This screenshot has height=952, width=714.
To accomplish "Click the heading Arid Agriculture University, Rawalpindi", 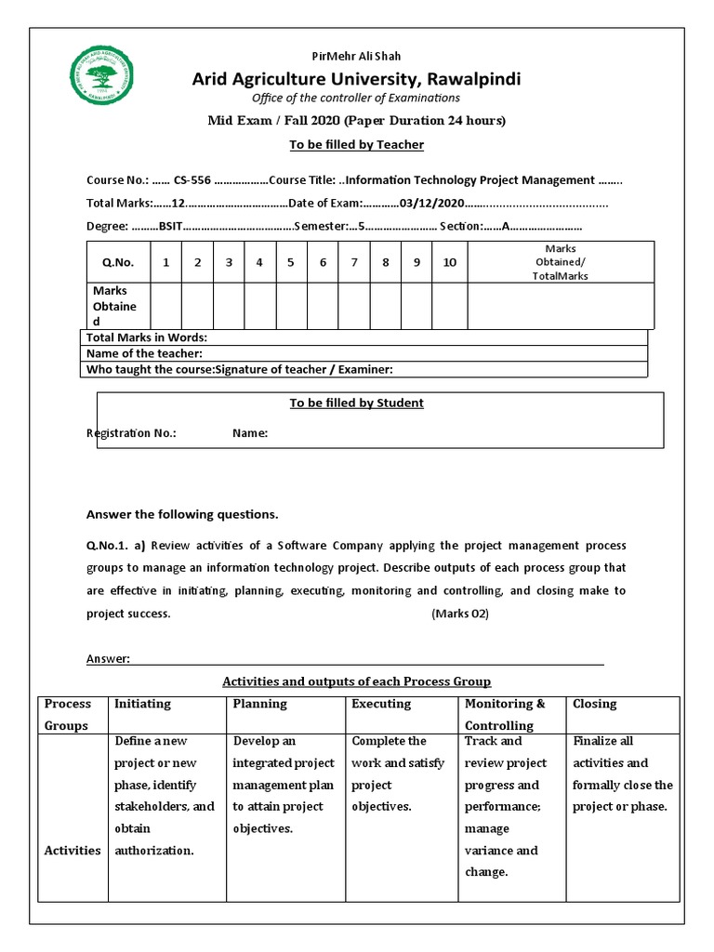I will [356, 79].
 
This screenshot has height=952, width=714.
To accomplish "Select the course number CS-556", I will [192, 180].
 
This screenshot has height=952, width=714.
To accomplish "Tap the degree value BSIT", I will [171, 226].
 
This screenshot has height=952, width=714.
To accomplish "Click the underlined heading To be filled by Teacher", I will [356, 145].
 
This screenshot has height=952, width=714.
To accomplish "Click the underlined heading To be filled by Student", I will [356, 403].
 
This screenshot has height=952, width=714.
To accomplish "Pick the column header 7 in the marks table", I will [354, 263].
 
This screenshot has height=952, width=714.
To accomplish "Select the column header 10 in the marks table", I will [449, 263].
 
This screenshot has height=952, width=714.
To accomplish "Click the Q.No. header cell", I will [118, 263].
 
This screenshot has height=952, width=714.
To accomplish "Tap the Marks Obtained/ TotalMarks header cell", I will [560, 262].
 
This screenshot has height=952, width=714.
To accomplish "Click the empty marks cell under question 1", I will [165, 306].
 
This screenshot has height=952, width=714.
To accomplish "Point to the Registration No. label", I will [131, 433].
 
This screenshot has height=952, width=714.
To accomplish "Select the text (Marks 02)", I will [459, 615].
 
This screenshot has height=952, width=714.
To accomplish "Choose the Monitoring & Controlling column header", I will [505, 715].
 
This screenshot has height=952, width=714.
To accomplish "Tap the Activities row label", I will [73, 851].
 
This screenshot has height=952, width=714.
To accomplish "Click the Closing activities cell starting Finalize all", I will [622, 773].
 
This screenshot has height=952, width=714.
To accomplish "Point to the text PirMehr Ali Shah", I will [356, 57].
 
